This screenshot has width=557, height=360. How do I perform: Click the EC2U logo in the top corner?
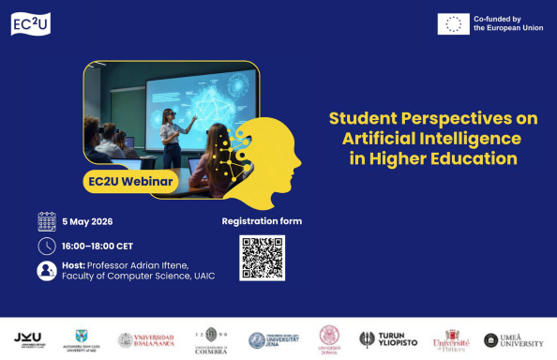(x=30, y=24)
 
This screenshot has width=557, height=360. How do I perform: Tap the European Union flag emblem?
(x=454, y=24)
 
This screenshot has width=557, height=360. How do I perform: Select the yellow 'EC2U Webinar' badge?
(x=130, y=180)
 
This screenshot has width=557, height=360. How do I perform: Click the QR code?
(x=263, y=258)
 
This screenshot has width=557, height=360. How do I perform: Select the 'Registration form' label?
(x=262, y=222)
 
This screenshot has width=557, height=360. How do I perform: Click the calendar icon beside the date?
(x=47, y=222)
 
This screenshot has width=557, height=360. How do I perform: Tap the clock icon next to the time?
(x=47, y=247)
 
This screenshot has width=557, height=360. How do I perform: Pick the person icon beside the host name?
(x=47, y=271)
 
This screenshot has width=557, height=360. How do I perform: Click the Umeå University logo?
(x=513, y=340)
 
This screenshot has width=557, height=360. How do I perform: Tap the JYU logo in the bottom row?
(x=27, y=339)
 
